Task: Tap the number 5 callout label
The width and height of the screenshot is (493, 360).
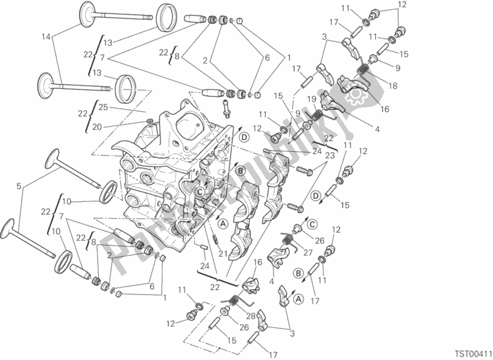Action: pos(20,185)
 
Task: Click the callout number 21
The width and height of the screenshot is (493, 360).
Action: pos(223,253)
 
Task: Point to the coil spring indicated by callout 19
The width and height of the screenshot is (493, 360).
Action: pos(318,115)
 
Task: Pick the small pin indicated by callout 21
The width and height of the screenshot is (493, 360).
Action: pos(214,238)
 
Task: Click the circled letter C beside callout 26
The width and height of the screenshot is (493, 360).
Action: pos(313,224)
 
